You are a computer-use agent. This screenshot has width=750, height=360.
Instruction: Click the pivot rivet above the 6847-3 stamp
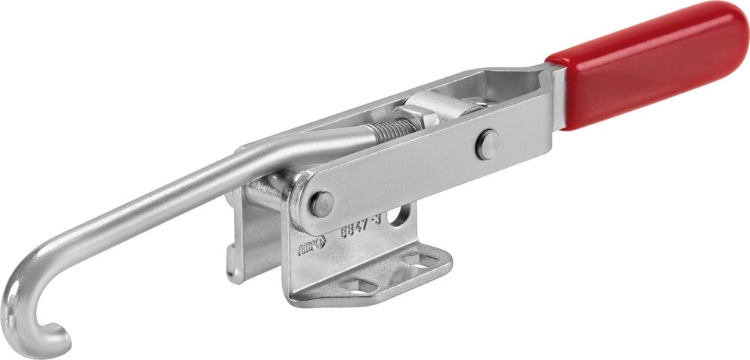coord(321,202)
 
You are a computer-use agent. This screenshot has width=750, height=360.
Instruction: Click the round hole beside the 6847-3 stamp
coord(401,216)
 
